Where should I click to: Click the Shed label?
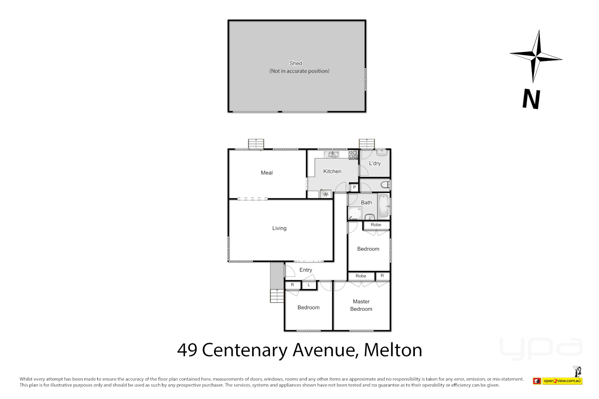pyautogui.click(x=296, y=64)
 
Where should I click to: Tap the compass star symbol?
pyautogui.click(x=536, y=56)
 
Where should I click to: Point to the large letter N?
pyautogui.click(x=531, y=99)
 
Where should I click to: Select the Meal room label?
pyautogui.click(x=267, y=173)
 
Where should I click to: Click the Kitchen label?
pyautogui.click(x=332, y=171)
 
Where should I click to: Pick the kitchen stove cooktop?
pyautogui.click(x=353, y=154)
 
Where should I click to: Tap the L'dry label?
pyautogui.click(x=375, y=163)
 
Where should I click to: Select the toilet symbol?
pyautogui.click(x=385, y=184)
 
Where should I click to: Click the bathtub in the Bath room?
pyautogui.click(x=384, y=206)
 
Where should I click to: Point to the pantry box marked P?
pyautogui.click(x=354, y=187)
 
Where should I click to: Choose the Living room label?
pyautogui.click(x=279, y=228)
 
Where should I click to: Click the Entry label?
pyautogui.click(x=306, y=270)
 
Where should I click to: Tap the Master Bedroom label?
pyautogui.click(x=361, y=305)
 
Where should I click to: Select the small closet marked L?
pyautogui.click(x=309, y=285)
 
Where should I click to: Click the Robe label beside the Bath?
pyautogui.click(x=376, y=225)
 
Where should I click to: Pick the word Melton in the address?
pyautogui.click(x=393, y=350)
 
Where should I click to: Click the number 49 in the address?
pyautogui.click(x=187, y=350)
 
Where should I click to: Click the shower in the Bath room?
pyautogui.click(x=355, y=214)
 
